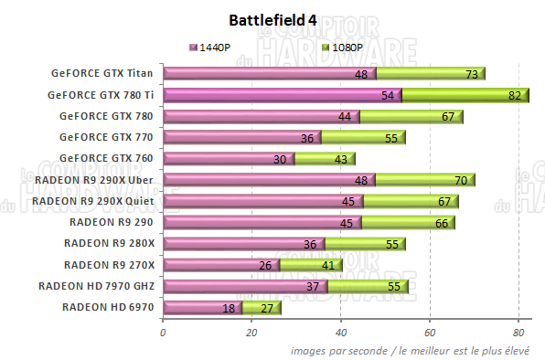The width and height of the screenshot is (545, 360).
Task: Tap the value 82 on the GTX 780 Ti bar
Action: tap(515, 95)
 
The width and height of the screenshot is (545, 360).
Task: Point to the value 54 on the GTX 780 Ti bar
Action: tap(386, 95)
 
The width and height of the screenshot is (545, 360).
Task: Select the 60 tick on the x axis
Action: tap(430, 333)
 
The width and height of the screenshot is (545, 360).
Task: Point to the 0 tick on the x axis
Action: tap(163, 333)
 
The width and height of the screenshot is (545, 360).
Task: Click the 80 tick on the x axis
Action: tap(518, 333)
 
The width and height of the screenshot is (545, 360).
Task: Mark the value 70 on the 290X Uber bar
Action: tap(461, 180)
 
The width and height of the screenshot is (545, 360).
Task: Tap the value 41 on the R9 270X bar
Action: tap(327, 265)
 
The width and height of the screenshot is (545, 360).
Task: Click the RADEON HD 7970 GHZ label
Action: tap(97, 285)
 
